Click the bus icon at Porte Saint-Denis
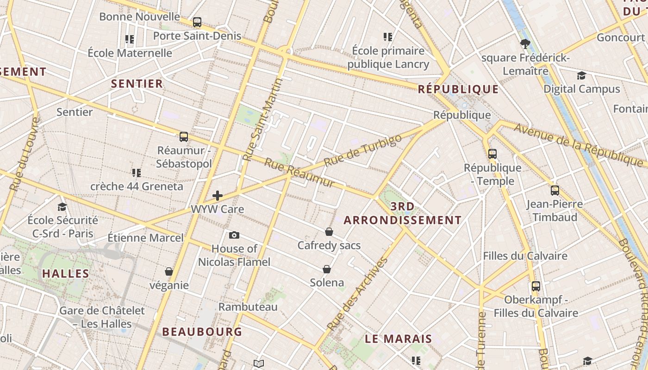tap(197, 22)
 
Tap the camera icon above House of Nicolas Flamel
tap(234, 235)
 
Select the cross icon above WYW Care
tap(218, 196)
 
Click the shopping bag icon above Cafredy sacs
tap(329, 232)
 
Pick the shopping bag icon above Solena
tap(327, 269)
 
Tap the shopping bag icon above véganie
tap(169, 271)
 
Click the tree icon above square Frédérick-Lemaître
tap(525, 44)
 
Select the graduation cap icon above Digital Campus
tap(581, 75)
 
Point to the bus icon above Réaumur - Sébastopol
tap(184, 137)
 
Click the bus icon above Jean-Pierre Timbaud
tap(555, 190)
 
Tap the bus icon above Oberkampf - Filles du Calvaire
tap(536, 286)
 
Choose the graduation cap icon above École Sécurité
tap(62, 207)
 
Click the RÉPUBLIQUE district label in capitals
tap(458, 89)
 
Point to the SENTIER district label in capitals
tap(137, 84)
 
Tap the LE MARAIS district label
tap(399, 339)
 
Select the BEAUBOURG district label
tap(202, 332)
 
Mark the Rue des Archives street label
tap(357, 294)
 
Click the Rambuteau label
tap(248, 307)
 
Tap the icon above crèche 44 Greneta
tap(136, 173)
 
